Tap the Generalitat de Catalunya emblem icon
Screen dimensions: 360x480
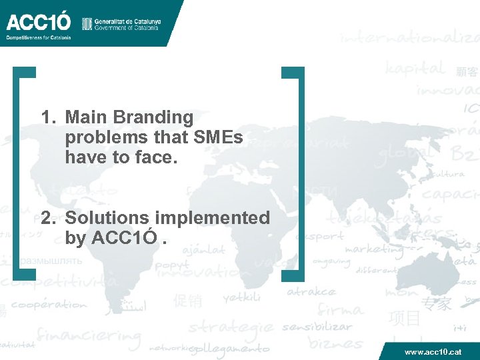pyautogui.click(x=87, y=24)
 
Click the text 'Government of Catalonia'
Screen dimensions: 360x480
pyautogui.click(x=127, y=28)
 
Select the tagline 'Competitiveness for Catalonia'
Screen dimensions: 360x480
pyautogui.click(x=38, y=37)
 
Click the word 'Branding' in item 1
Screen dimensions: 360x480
pyautogui.click(x=153, y=118)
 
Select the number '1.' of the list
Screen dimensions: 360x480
pyautogui.click(x=49, y=118)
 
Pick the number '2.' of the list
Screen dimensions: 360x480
pyautogui.click(x=49, y=218)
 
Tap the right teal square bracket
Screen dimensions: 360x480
pyautogui.click(x=300, y=173)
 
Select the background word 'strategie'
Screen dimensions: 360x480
pyautogui.click(x=231, y=327)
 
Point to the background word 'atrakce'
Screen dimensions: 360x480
pyautogui.click(x=311, y=291)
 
